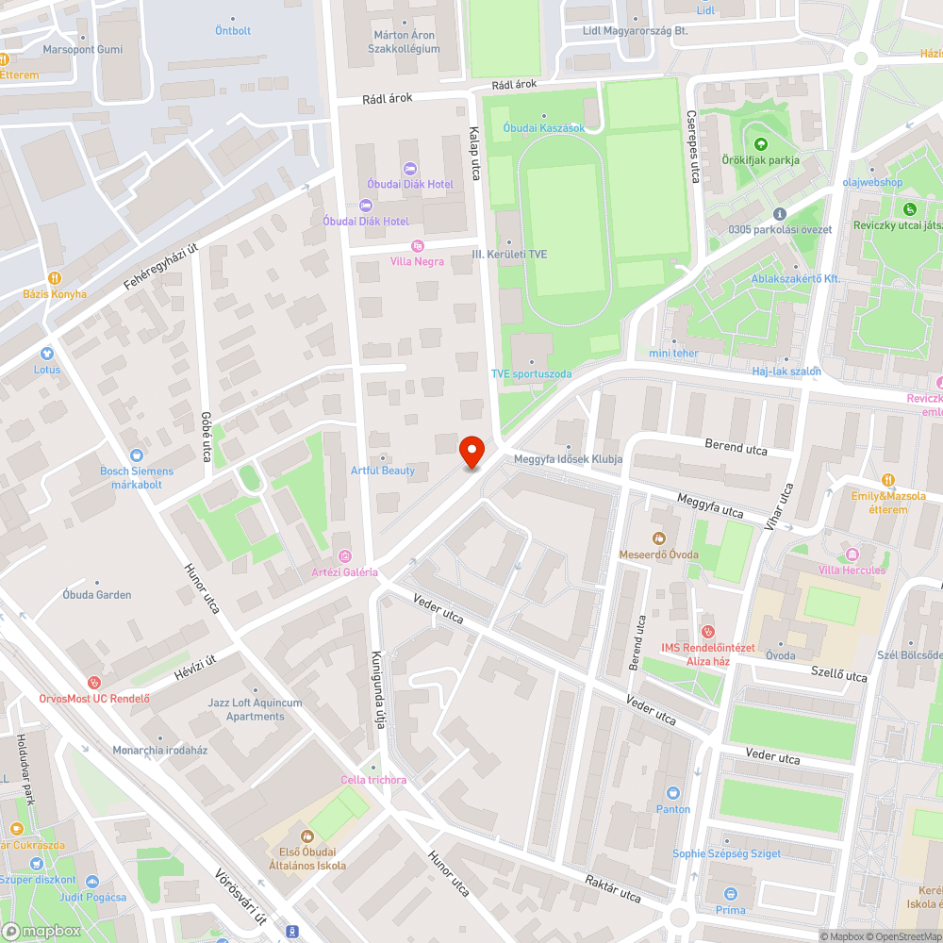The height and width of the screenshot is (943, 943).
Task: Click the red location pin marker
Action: pyautogui.click(x=472, y=453)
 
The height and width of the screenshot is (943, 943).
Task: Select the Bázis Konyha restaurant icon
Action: pyautogui.click(x=55, y=278)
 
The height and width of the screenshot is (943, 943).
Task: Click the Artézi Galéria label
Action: pyautogui.click(x=344, y=571)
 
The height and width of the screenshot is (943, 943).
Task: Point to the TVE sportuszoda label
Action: pyautogui.click(x=531, y=373)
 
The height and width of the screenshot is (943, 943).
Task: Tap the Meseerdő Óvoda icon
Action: pyautogui.click(x=659, y=538)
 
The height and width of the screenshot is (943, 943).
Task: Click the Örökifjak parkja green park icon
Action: pyautogui.click(x=760, y=144)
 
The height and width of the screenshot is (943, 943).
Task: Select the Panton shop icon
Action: pyautogui.click(x=673, y=793)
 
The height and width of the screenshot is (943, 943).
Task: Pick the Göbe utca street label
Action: pyautogui.click(x=206, y=437)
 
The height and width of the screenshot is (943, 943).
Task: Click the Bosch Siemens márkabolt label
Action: pyautogui.click(x=137, y=477)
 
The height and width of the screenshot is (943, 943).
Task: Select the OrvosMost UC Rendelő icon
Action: pyautogui.click(x=93, y=683)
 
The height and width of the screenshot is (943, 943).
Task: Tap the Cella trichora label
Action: pyautogui.click(x=373, y=779)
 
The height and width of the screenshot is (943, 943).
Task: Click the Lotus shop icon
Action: pyautogui.click(x=47, y=354)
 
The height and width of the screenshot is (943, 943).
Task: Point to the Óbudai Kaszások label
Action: pyautogui.click(x=543, y=128)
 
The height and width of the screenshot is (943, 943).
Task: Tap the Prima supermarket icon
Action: pyautogui.click(x=730, y=894)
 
